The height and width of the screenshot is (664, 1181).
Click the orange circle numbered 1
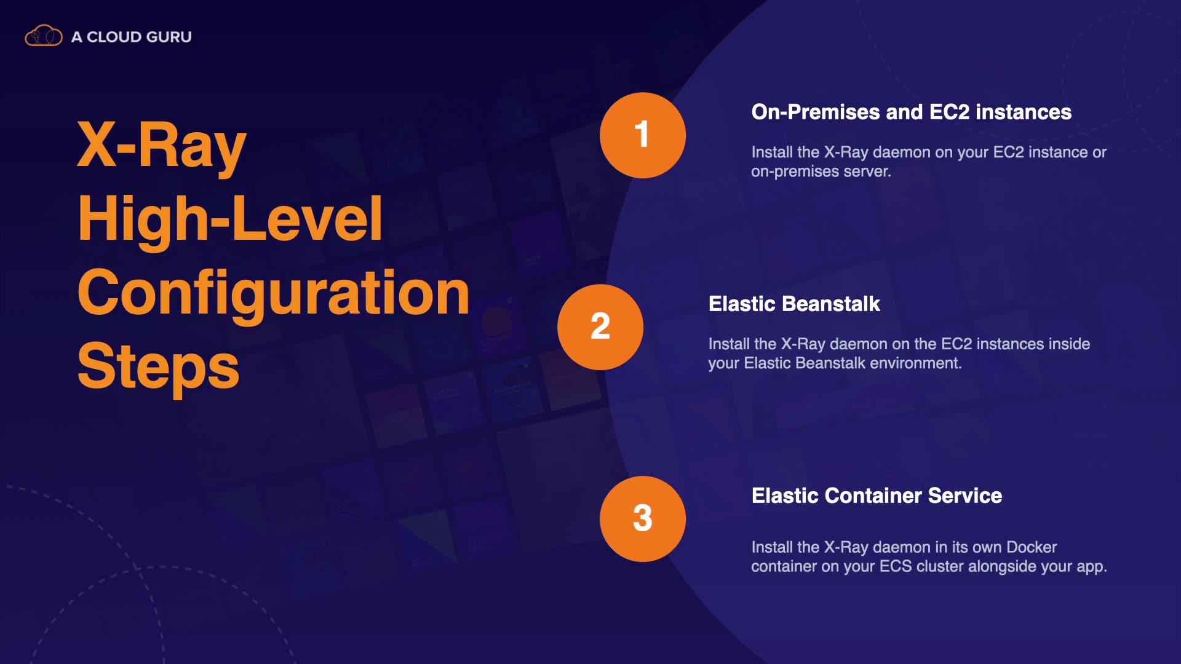point(643,135)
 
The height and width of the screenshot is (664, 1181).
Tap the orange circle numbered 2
point(600,327)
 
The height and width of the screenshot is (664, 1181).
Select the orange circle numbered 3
point(643,519)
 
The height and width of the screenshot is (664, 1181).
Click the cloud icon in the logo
point(44,36)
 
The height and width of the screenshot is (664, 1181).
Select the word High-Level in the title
point(230,219)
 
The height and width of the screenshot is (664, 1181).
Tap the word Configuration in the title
point(274,293)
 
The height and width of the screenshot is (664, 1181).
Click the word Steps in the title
point(158,367)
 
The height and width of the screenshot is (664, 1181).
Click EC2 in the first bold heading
point(949,112)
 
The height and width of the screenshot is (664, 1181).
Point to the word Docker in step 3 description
point(1032,547)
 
